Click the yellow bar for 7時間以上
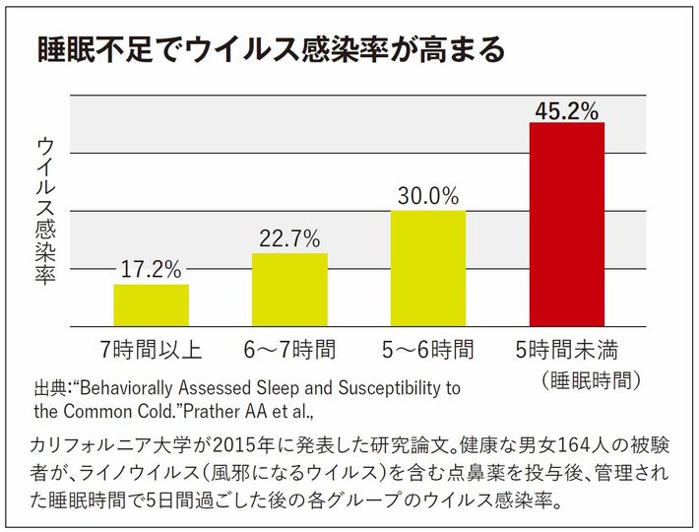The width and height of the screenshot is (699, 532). coord(151,305)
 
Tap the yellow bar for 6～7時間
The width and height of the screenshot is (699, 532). coord(289,290)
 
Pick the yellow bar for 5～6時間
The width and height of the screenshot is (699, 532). coord(428,268)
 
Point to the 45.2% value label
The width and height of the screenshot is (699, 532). coord(566,110)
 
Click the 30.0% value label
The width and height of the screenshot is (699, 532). coord(428,195)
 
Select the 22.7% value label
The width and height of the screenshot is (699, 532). coord(289,238)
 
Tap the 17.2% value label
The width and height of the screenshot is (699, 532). coord(151,269)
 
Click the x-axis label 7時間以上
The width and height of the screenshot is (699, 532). coord(151,350)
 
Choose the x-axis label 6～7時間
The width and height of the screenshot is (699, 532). coord(289,350)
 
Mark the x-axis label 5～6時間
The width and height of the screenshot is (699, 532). coord(428,350)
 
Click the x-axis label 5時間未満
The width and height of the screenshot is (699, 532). coord(566,350)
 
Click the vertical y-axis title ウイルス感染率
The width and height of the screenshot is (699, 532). coord(45,212)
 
